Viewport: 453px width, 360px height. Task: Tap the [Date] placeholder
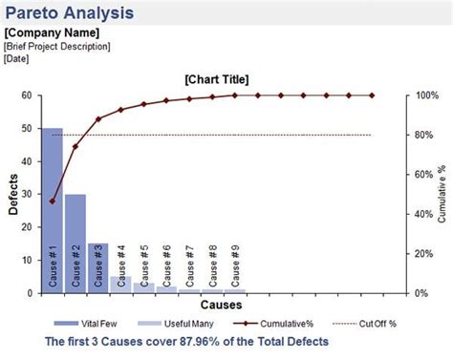tap(17, 58)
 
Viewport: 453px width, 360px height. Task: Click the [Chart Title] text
tap(222, 80)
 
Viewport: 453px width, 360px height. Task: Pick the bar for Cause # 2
tap(75, 229)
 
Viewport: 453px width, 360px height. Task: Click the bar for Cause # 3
tap(97, 258)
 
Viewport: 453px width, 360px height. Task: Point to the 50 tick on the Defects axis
tap(28, 129)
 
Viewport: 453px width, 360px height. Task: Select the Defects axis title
tap(12, 195)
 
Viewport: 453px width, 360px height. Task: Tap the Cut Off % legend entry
tap(362, 323)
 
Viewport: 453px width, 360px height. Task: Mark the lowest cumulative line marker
tap(52, 201)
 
